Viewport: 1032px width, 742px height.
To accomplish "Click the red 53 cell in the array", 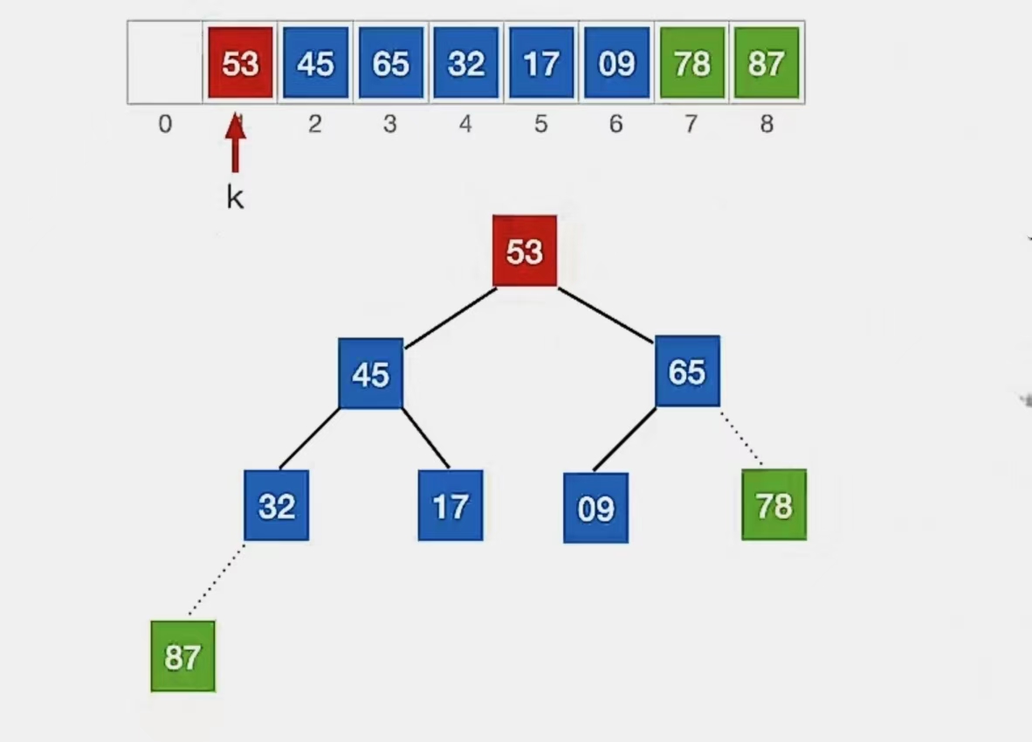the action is [240, 63].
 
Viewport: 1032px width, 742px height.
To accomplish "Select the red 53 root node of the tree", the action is [524, 251].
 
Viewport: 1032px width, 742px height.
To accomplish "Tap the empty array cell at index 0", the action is [165, 63].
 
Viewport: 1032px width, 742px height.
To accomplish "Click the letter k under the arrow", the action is [235, 198].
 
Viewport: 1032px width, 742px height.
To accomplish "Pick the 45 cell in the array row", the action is [315, 63].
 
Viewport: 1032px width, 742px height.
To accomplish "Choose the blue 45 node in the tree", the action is [370, 374].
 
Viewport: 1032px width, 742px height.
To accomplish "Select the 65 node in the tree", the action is [687, 371].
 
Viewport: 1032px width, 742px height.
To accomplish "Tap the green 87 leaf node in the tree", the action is [182, 656].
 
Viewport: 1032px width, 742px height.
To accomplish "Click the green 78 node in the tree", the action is [774, 505].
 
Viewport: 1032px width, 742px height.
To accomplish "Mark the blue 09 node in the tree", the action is [595, 508].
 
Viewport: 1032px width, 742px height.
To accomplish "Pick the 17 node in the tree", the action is [450, 505].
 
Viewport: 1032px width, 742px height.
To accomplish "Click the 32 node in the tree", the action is [276, 505].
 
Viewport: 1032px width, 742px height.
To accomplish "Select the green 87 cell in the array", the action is [767, 63].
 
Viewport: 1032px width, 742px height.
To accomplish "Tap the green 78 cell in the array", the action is [692, 63].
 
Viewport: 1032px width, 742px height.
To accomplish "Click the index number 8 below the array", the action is [767, 125].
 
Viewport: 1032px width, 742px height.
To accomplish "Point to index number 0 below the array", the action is [165, 125].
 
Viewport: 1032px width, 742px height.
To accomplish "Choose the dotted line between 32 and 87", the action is [217, 580].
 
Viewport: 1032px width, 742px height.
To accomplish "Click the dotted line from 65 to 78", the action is [741, 439].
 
